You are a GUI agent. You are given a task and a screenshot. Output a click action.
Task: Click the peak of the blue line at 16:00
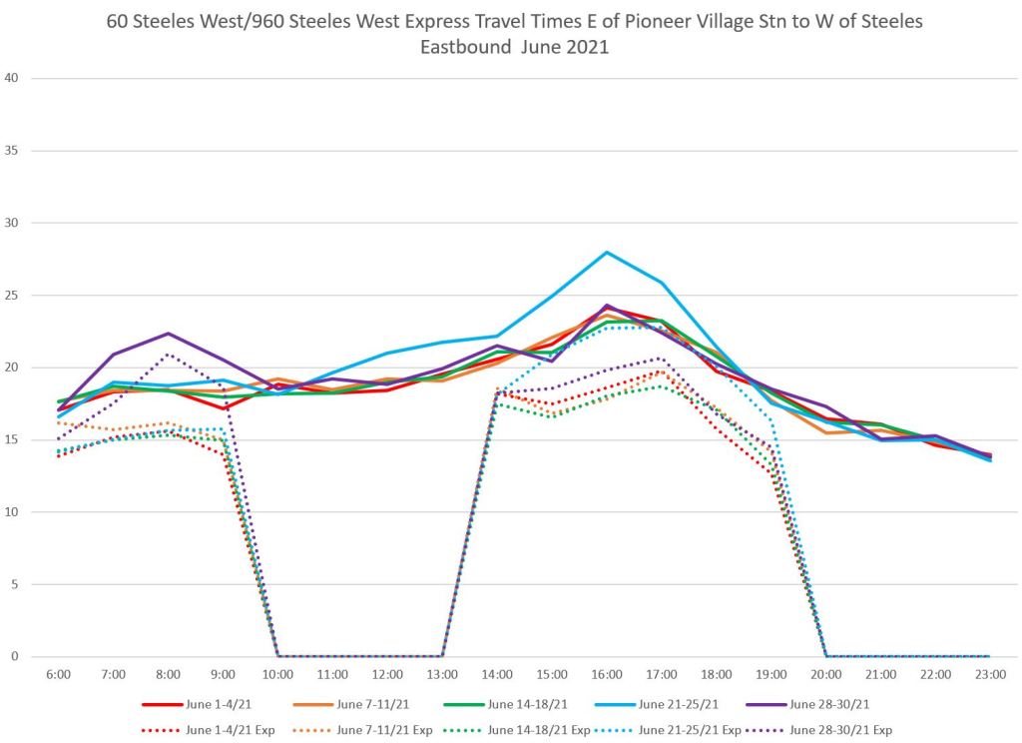pyautogui.click(x=607, y=252)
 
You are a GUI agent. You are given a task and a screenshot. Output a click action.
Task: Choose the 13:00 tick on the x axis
pyautogui.click(x=442, y=676)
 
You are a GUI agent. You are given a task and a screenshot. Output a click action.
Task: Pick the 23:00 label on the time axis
pyautogui.click(x=988, y=676)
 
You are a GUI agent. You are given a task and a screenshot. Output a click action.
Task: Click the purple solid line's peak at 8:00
pyautogui.click(x=169, y=334)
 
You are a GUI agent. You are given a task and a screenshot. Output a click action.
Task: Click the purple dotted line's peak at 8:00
pyautogui.click(x=169, y=355)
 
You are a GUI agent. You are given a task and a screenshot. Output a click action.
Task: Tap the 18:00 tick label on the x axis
pyautogui.click(x=716, y=676)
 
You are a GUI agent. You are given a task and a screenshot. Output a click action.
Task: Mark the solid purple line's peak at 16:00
pyautogui.click(x=607, y=306)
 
